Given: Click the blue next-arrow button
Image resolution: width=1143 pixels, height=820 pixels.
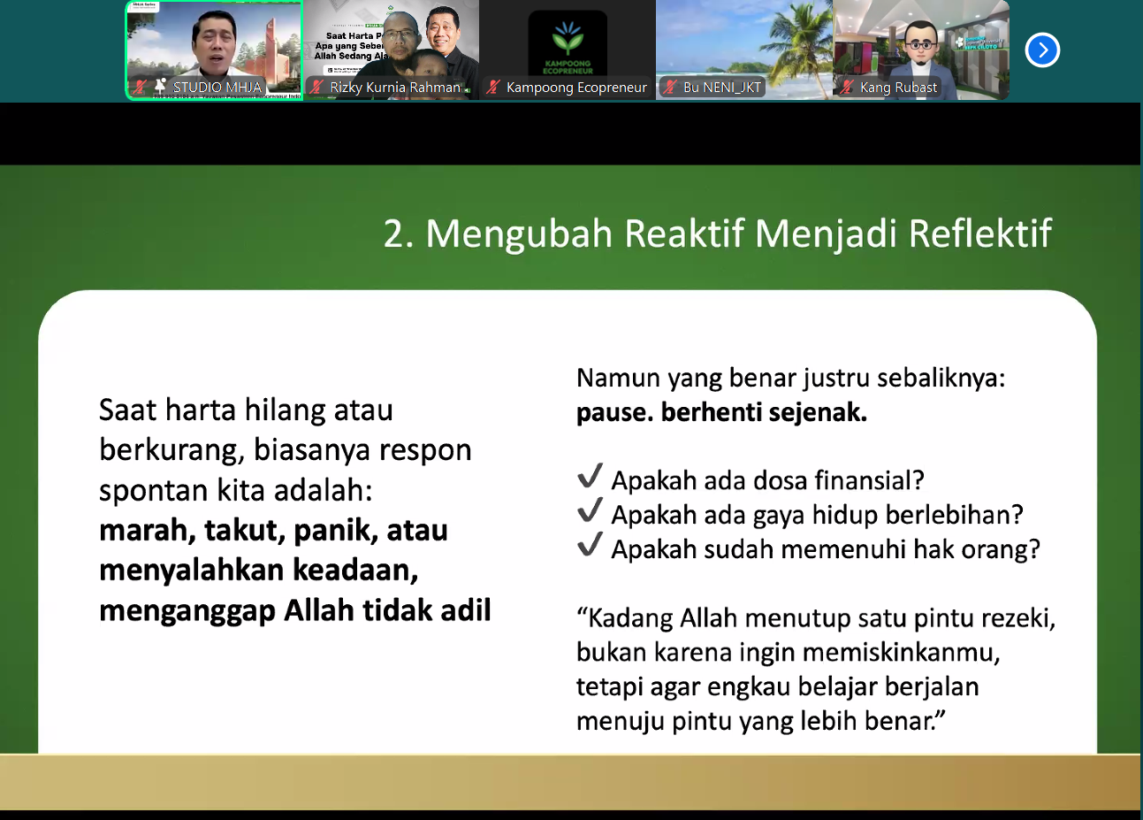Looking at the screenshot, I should (x=1042, y=50).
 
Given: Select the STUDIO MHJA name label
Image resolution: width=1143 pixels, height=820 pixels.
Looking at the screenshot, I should (x=217, y=87).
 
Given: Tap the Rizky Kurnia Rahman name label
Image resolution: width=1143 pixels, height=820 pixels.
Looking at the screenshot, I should (x=395, y=87).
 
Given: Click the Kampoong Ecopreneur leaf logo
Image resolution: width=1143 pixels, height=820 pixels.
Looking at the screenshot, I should (x=568, y=38).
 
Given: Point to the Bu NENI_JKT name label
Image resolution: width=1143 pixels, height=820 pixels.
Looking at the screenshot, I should (x=721, y=87).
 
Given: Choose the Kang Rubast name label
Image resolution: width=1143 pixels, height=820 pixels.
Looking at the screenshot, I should (x=898, y=87).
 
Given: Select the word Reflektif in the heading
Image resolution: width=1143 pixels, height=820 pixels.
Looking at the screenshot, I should (x=979, y=234).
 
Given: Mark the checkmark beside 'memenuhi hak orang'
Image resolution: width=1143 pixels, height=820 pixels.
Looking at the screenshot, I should (x=590, y=545).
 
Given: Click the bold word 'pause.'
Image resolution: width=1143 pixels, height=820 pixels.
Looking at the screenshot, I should (x=613, y=412).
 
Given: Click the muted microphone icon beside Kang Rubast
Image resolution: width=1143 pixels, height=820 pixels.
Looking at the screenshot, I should (x=847, y=87).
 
